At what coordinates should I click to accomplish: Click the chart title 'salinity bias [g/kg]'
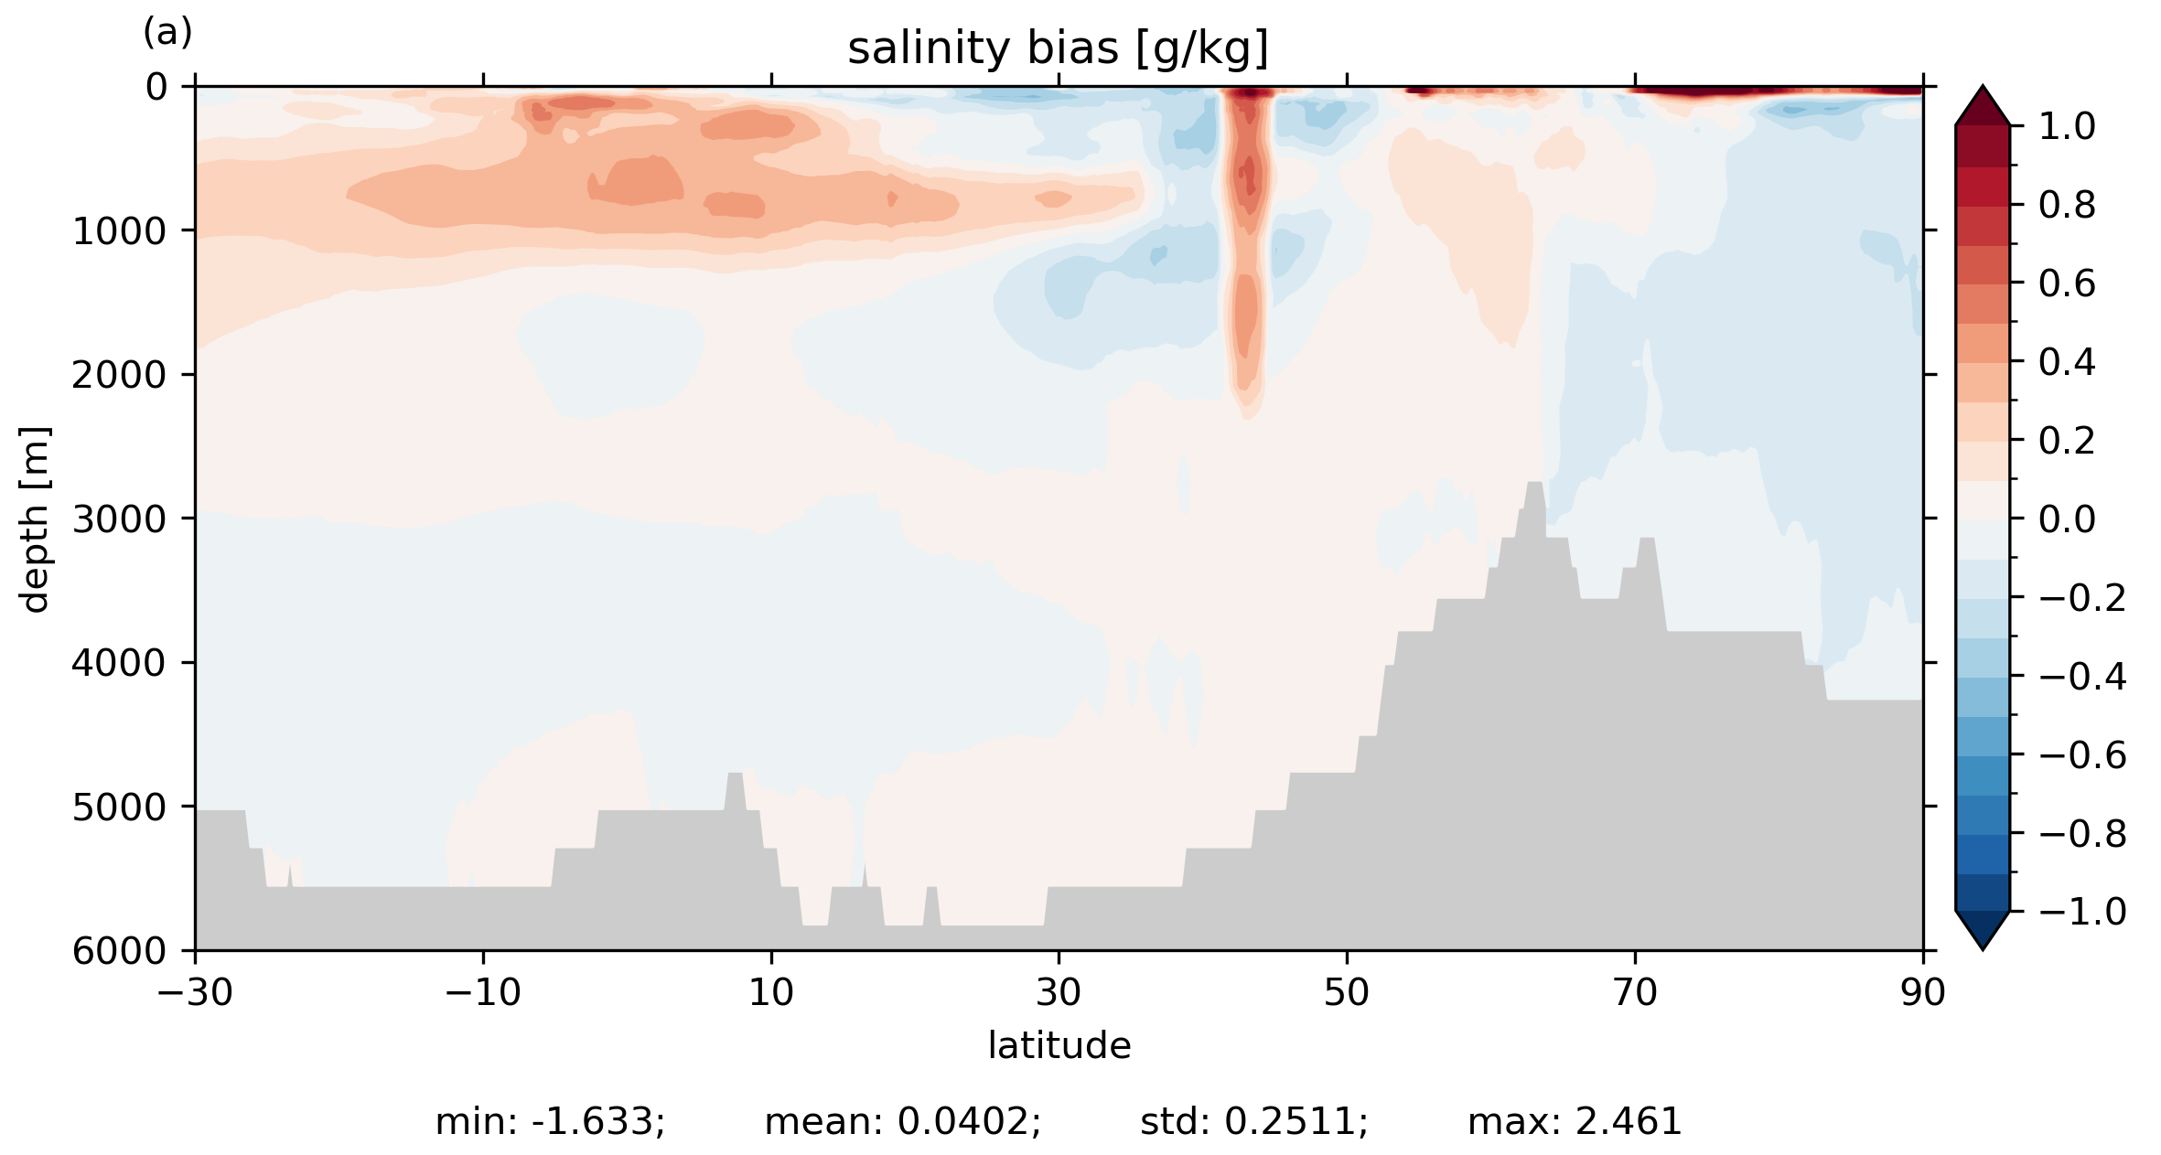[x=1058, y=49]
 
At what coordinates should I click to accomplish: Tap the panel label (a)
[x=167, y=33]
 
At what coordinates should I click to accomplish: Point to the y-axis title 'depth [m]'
[x=35, y=519]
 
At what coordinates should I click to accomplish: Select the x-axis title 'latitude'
[x=1059, y=1045]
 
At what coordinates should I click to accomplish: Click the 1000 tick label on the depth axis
[x=120, y=231]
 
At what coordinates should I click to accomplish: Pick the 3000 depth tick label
[x=120, y=519]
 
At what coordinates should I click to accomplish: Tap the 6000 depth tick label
[x=120, y=951]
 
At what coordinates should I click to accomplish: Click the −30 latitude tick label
[x=195, y=992]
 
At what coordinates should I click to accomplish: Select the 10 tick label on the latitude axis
[x=771, y=992]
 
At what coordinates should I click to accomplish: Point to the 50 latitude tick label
[x=1347, y=992]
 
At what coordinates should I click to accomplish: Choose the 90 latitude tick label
[x=1922, y=992]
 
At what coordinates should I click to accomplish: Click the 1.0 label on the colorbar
[x=2067, y=126]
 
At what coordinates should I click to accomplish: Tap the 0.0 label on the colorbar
[x=2067, y=519]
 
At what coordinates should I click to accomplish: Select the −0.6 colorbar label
[x=2082, y=755]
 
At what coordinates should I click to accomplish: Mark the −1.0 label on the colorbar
[x=2082, y=912]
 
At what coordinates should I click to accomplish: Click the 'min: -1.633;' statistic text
[x=550, y=1122]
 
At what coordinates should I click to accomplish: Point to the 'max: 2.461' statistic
[x=1575, y=1122]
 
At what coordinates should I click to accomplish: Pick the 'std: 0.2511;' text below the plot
[x=1253, y=1122]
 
